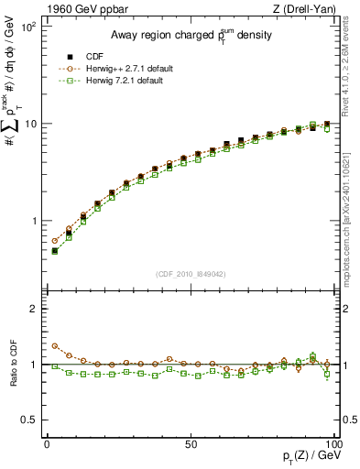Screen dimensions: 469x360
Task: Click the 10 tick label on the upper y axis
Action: (x=31, y=124)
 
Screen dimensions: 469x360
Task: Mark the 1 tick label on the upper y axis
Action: (x=34, y=222)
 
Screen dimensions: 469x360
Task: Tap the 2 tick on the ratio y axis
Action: (x=34, y=310)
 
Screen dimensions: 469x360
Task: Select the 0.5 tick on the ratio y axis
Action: (x=29, y=420)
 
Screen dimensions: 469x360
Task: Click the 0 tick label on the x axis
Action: (x=47, y=442)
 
